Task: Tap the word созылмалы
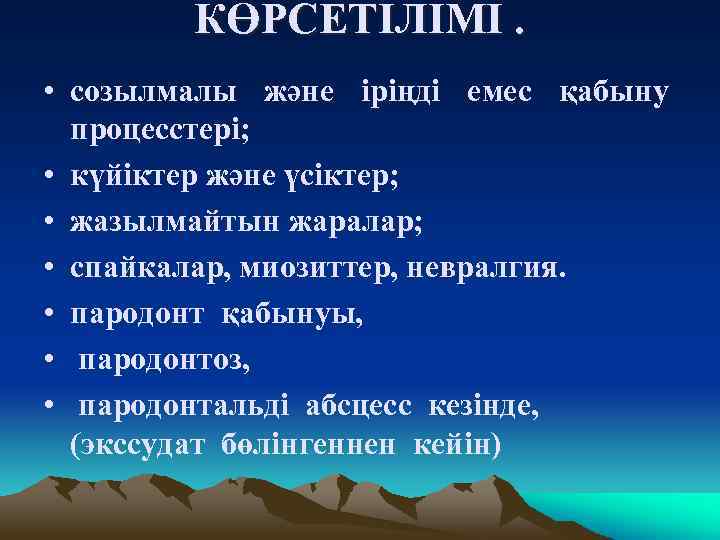point(154,95)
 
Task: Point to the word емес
point(502,95)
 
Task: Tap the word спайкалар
point(146,271)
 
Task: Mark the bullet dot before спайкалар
point(49,271)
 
